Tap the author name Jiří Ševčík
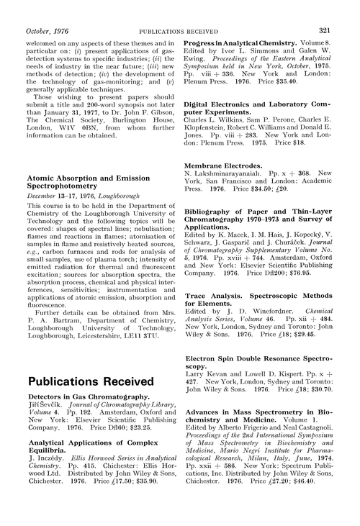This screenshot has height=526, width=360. (x=48, y=407)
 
